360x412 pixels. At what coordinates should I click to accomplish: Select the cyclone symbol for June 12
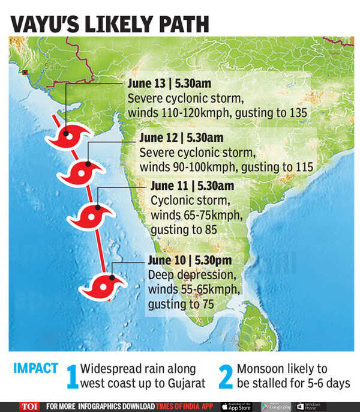(x=79, y=172)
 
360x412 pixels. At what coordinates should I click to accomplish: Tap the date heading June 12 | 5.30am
(x=181, y=138)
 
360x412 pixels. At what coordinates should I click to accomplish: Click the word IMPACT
(x=36, y=368)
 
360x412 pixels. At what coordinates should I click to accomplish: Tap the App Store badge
(x=237, y=406)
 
